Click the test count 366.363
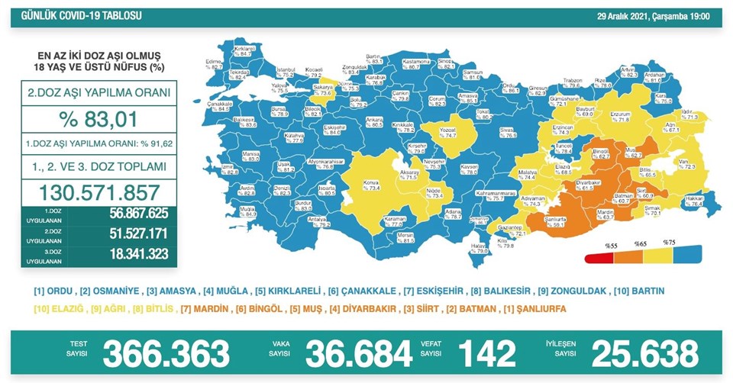point(166,354)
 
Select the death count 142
point(486,354)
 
